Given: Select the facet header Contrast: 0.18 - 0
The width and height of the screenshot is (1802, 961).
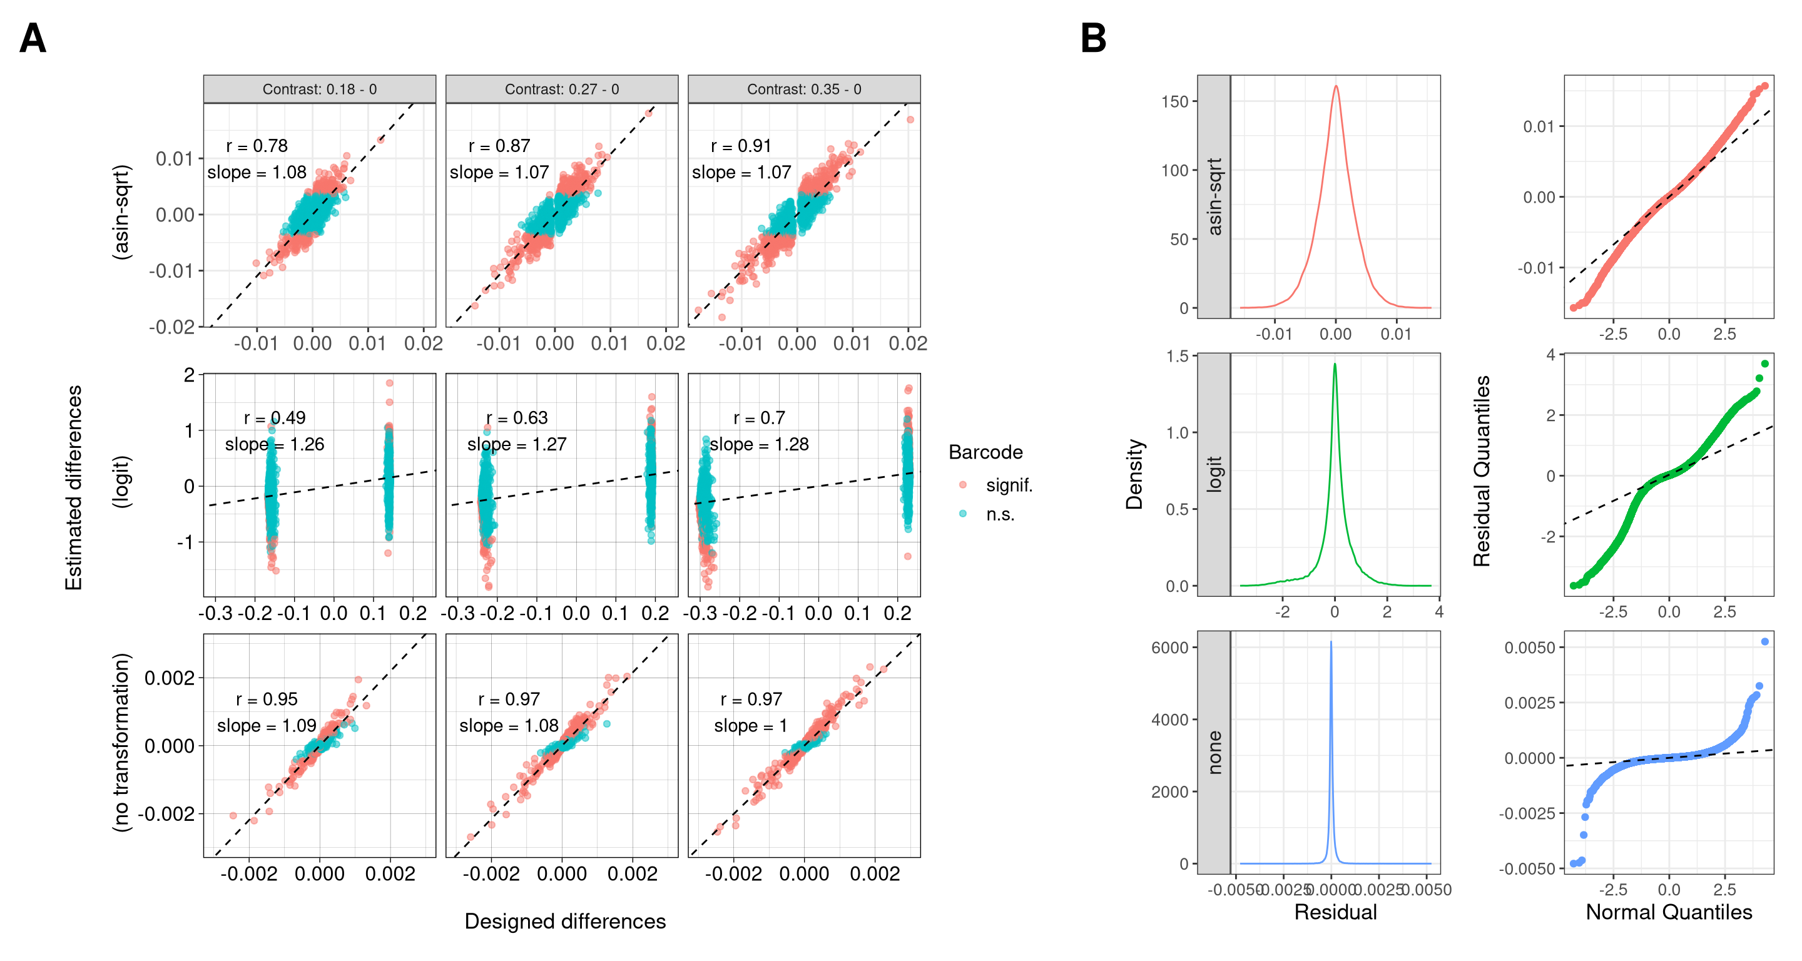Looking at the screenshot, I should pyautogui.click(x=320, y=89).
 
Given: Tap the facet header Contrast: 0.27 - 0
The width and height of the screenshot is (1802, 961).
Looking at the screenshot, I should pyautogui.click(x=562, y=89).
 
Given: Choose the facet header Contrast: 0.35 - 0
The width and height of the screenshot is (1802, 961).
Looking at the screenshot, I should pyautogui.click(x=804, y=89).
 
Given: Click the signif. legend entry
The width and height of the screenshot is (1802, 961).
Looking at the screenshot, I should pyautogui.click(x=1009, y=486).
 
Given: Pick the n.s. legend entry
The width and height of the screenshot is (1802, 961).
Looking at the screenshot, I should pyautogui.click(x=1000, y=515).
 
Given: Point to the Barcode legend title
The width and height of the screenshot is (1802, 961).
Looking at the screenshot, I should pyautogui.click(x=985, y=452).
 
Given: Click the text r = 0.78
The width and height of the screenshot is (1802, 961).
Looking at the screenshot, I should pyautogui.click(x=257, y=146).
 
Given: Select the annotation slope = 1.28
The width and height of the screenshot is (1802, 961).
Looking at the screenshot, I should pyautogui.click(x=759, y=444).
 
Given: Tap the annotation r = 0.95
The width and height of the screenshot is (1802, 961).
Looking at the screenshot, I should pyautogui.click(x=267, y=699).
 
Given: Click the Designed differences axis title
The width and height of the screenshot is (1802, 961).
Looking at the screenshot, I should pyautogui.click(x=564, y=922).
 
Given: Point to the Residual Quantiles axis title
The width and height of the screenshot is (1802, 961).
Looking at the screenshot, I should pyautogui.click(x=1482, y=470).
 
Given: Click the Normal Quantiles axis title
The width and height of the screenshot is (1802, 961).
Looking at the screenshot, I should pyautogui.click(x=1668, y=913).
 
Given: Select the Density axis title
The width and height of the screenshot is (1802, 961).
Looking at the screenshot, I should pyautogui.click(x=1134, y=474).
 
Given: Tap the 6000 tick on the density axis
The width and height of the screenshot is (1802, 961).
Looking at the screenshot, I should pyautogui.click(x=1169, y=648).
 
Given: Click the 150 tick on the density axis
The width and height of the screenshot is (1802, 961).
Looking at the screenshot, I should pyautogui.click(x=1175, y=102).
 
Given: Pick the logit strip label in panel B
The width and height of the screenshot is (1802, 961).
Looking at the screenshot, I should pyautogui.click(x=1214, y=474).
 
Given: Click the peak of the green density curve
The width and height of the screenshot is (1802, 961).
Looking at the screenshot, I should pyautogui.click(x=1335, y=364).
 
